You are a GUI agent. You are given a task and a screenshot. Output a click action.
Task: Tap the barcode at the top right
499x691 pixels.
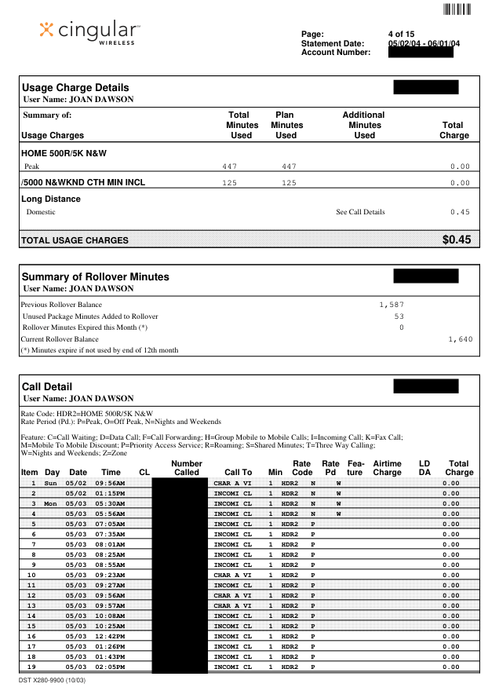click(457, 9)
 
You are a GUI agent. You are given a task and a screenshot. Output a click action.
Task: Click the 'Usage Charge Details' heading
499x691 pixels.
click(75, 87)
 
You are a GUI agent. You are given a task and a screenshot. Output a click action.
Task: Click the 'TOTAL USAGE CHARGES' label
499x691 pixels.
click(75, 240)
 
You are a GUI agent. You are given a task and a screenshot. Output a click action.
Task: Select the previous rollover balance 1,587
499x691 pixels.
click(390, 304)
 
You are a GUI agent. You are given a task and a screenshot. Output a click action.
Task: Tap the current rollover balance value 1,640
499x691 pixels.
click(461, 338)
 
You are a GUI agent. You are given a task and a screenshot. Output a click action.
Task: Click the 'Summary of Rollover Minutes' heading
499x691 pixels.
click(95, 276)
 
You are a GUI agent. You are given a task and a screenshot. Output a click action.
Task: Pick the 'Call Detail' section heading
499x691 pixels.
click(47, 386)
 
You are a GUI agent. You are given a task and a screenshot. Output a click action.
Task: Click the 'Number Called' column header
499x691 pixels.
click(187, 468)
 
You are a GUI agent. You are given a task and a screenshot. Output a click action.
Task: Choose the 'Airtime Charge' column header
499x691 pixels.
click(387, 468)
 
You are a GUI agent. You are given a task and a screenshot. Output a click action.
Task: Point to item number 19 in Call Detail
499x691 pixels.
click(32, 667)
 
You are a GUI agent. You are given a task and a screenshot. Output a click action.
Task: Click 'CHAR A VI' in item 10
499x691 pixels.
click(232, 574)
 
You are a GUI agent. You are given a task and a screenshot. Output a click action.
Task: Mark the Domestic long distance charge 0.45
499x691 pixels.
click(460, 212)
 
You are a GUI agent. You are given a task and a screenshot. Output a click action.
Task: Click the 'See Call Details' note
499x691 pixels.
click(360, 212)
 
